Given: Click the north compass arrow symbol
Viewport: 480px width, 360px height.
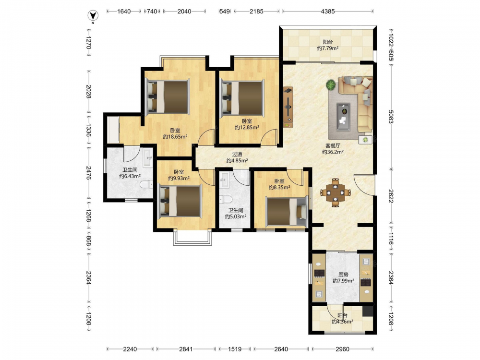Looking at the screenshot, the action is [x=93, y=15].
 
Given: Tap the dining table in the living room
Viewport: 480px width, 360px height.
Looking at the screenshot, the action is [x=336, y=192].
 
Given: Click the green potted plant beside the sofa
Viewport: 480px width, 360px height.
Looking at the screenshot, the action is [x=331, y=85].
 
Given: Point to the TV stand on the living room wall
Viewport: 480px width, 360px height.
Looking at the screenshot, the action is [x=288, y=107].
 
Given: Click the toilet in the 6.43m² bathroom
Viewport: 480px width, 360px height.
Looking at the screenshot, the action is [x=146, y=185].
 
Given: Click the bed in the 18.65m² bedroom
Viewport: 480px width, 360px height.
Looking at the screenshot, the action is [x=168, y=96].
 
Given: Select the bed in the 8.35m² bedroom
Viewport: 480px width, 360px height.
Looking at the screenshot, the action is [x=286, y=212].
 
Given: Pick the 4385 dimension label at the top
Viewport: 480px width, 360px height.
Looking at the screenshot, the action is [x=327, y=12].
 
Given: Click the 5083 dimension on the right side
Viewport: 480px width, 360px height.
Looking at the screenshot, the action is [x=391, y=117].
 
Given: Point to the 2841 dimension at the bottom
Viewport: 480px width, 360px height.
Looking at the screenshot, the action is [x=186, y=349].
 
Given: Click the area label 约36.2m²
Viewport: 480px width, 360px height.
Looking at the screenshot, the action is [x=333, y=152].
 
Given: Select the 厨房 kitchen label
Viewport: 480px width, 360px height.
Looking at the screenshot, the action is [x=343, y=275].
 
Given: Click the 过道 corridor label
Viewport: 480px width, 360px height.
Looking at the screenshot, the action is [x=237, y=154].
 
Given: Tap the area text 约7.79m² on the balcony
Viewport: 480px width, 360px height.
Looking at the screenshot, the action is [x=327, y=48].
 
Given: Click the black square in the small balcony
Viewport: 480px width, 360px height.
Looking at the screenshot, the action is [x=368, y=312].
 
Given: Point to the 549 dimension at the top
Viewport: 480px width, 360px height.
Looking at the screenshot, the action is [x=224, y=12].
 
